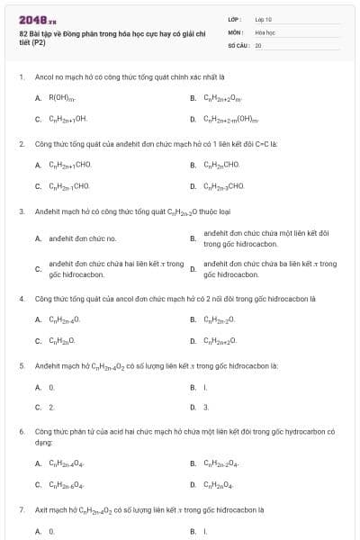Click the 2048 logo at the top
tap(32, 20)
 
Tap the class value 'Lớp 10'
tap(264, 19)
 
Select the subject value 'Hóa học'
tap(265, 31)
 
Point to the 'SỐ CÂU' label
tap(237, 44)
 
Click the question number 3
tap(22, 211)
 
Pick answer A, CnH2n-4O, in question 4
tap(64, 319)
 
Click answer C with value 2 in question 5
tap(51, 408)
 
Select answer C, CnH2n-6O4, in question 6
tap(66, 485)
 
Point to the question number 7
tap(22, 509)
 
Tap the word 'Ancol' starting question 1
tap(45, 76)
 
